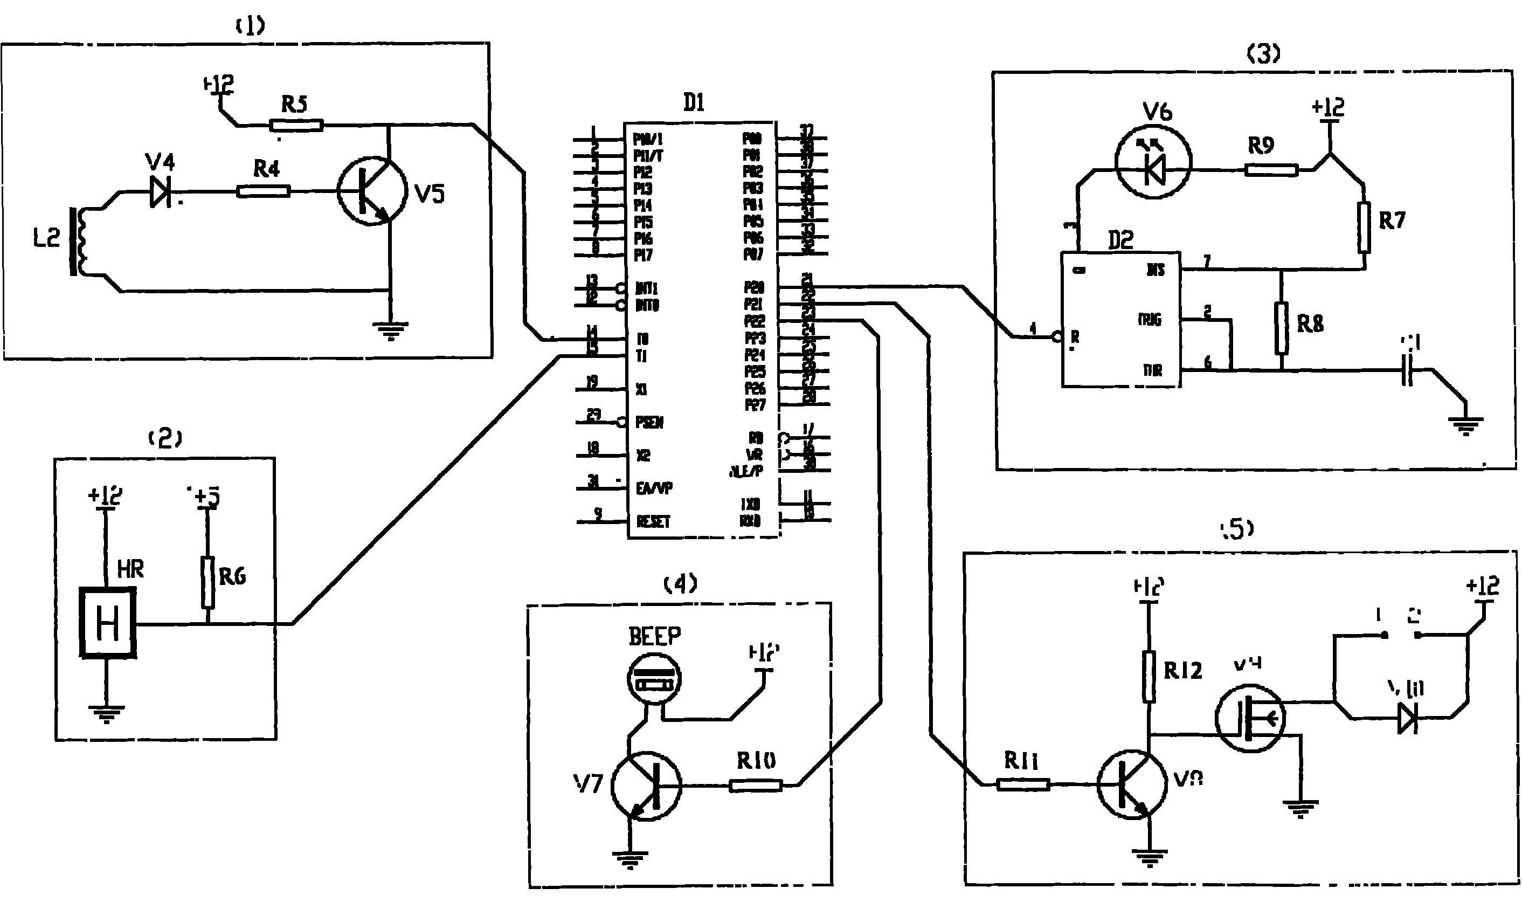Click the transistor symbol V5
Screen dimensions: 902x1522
pyautogui.click(x=372, y=192)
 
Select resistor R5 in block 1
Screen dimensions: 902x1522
pyautogui.click(x=296, y=126)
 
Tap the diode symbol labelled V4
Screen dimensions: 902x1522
pyautogui.click(x=161, y=192)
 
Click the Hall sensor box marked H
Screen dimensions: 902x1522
pyautogui.click(x=108, y=624)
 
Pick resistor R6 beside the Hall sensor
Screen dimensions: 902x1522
pyautogui.click(x=208, y=582)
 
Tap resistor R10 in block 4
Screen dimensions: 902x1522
pyautogui.click(x=755, y=786)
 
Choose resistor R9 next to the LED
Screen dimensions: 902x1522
pyautogui.click(x=1271, y=170)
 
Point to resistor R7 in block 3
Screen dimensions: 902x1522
pyautogui.click(x=1364, y=228)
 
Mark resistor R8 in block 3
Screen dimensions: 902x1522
pyautogui.click(x=1282, y=328)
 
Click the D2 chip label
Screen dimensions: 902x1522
pyautogui.click(x=1121, y=240)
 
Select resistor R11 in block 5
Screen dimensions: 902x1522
pyautogui.click(x=1023, y=784)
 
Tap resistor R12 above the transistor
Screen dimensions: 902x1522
pyautogui.click(x=1149, y=677)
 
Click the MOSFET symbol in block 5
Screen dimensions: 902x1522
pyautogui.click(x=1250, y=718)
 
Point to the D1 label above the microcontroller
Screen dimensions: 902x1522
pyautogui.click(x=694, y=103)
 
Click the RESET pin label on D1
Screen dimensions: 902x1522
pyautogui.click(x=653, y=521)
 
